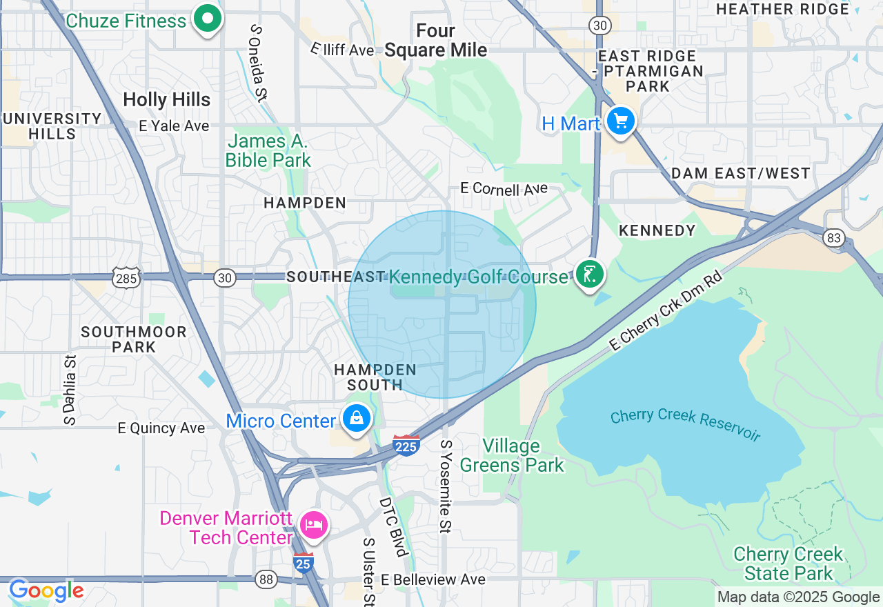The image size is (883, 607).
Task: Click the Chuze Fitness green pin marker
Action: pos(206,19)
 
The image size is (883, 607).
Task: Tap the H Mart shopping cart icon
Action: pos(620,122)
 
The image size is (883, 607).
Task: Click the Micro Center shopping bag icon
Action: pos(356,419)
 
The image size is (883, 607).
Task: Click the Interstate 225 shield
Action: pos(406,446)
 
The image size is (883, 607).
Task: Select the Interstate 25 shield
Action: pos(303,563)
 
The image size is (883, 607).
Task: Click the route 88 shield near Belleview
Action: pos(266,579)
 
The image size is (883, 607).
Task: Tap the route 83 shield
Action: pos(833,238)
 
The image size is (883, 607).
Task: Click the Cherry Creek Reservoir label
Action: pos(685,424)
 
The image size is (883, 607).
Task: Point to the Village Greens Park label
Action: pos(511,455)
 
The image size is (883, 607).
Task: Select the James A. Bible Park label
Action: pos(268,151)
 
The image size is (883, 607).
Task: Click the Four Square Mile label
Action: pos(435,41)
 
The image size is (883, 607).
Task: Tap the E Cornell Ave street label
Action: pos(504,189)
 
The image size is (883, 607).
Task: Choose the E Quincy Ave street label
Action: pos(161,428)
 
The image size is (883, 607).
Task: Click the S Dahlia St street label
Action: pos(70,390)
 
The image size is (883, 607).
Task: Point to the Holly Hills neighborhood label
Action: pos(166,100)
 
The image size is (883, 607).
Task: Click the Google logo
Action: pos(46,591)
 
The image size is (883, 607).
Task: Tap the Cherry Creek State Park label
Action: pos(788,564)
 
